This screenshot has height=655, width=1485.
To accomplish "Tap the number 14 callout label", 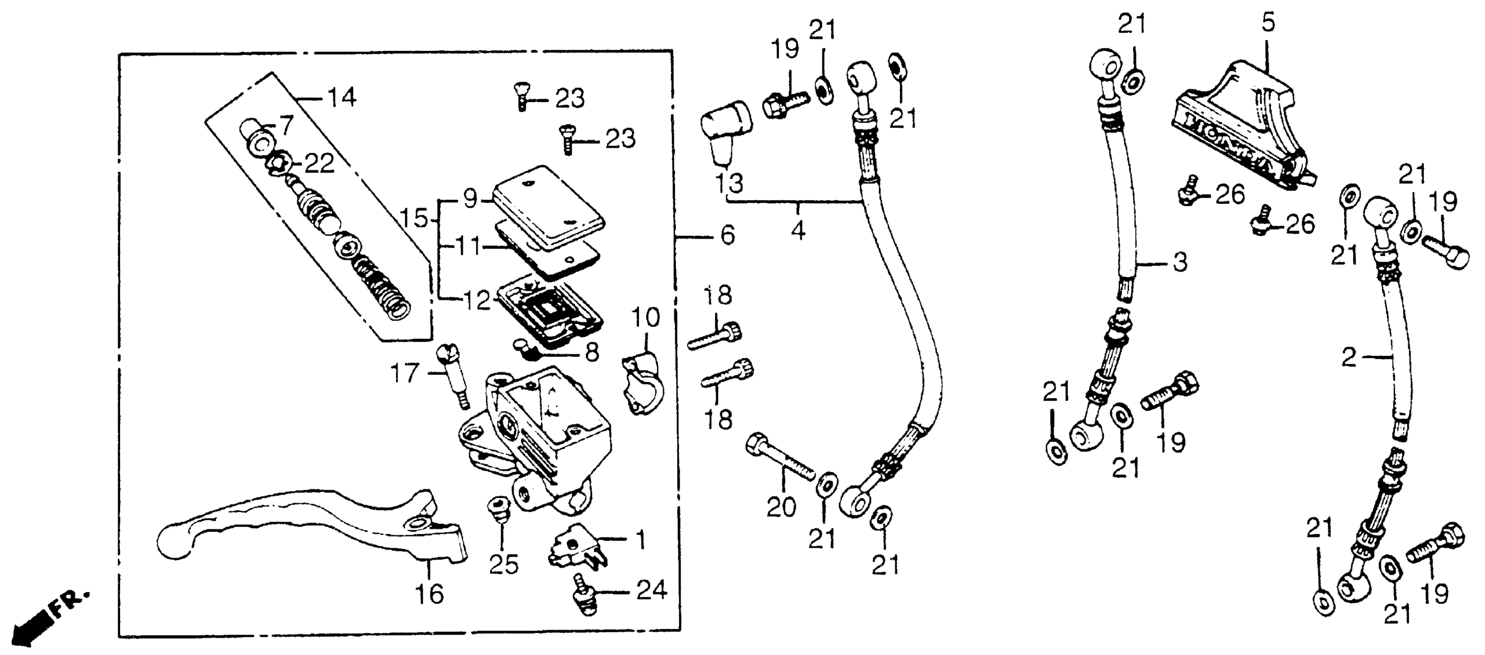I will [342, 97].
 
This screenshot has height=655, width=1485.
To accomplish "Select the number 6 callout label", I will [727, 235].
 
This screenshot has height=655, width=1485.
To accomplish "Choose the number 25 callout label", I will [503, 565].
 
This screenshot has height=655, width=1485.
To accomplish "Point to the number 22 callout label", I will [319, 164].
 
